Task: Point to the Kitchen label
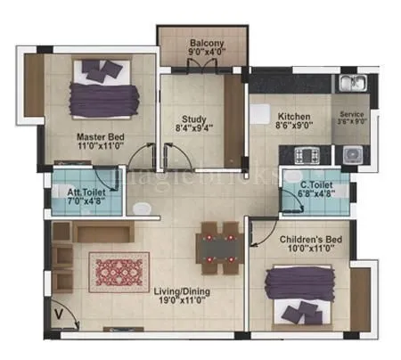(x=292, y=117)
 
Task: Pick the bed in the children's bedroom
(x=299, y=298)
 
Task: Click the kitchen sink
(x=349, y=85)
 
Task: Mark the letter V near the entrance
(x=57, y=313)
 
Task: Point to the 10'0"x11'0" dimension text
(x=308, y=250)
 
